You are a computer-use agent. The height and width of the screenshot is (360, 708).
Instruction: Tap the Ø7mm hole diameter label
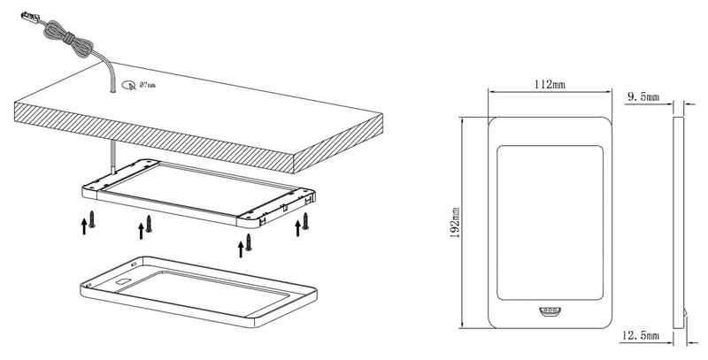[142, 85]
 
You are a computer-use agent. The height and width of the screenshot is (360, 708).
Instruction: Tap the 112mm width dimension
[550, 85]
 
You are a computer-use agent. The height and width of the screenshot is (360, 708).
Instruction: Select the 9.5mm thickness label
[643, 94]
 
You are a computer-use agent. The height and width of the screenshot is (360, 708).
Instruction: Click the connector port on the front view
[550, 312]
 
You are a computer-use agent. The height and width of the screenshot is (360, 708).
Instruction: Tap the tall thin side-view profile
[679, 221]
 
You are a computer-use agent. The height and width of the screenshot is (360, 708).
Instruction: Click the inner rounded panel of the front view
[550, 221]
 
